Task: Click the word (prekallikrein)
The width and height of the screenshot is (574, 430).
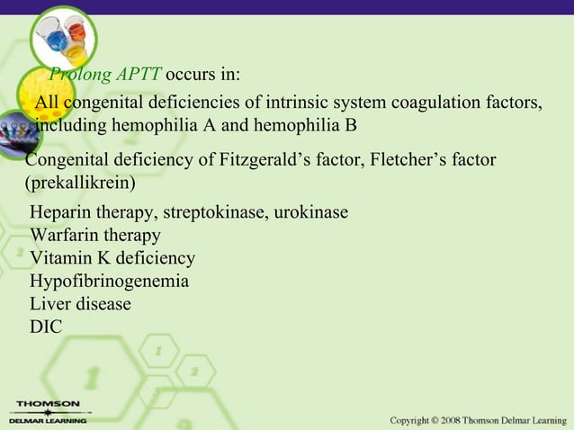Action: click(x=80, y=184)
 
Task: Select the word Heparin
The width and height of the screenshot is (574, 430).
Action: click(x=59, y=213)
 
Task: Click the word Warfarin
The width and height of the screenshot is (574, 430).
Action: click(x=64, y=236)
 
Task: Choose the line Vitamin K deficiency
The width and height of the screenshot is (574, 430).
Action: click(x=112, y=259)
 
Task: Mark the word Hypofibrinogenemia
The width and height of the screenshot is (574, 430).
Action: click(x=109, y=282)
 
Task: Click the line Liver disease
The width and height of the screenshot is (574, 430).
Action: click(x=80, y=304)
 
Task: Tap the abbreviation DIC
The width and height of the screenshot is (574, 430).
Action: click(x=46, y=327)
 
